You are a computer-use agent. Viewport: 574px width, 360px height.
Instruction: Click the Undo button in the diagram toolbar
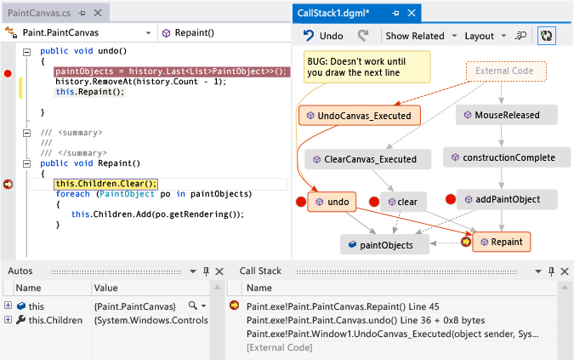click(x=324, y=36)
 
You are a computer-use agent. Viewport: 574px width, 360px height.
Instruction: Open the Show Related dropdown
click(x=420, y=36)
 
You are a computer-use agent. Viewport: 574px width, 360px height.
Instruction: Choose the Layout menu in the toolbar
click(x=485, y=36)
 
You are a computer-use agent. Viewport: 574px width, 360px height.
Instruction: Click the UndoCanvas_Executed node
click(x=359, y=115)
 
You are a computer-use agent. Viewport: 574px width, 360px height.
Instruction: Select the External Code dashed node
click(x=505, y=71)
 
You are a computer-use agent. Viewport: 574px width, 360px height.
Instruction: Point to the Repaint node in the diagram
click(x=501, y=243)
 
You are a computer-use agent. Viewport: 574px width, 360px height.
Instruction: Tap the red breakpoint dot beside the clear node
click(x=373, y=202)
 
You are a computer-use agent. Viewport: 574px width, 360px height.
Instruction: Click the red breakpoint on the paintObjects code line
click(x=9, y=73)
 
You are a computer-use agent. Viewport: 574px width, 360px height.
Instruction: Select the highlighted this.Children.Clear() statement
click(x=105, y=183)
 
